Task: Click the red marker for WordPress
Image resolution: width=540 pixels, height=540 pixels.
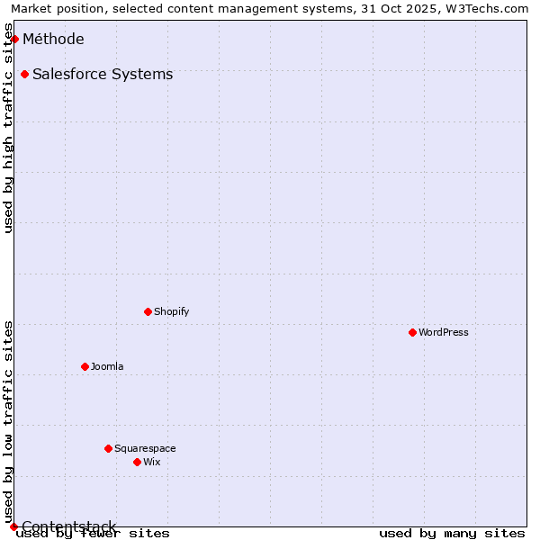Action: click(x=413, y=332)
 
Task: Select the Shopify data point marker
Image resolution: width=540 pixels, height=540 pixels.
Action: click(x=148, y=311)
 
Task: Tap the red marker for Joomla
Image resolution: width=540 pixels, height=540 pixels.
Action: click(x=85, y=366)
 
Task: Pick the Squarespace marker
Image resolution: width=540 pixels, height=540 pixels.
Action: click(x=109, y=448)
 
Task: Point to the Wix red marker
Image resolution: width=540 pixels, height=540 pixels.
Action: click(x=138, y=462)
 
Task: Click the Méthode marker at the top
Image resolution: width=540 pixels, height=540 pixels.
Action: click(x=14, y=39)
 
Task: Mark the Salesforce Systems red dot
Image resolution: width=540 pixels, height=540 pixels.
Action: click(x=24, y=74)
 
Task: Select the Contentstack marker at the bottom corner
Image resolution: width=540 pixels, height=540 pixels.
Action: click(x=13, y=526)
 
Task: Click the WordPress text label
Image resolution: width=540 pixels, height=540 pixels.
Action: click(x=444, y=332)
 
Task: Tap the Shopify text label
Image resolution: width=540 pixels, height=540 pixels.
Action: click(x=171, y=311)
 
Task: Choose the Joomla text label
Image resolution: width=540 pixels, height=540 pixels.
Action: click(x=107, y=366)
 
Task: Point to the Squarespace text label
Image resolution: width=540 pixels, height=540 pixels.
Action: click(x=145, y=448)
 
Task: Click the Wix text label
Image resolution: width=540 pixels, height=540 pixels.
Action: click(x=151, y=462)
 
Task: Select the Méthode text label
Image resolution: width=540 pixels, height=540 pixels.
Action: click(x=53, y=39)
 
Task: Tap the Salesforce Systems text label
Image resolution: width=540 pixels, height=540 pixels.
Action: click(x=103, y=74)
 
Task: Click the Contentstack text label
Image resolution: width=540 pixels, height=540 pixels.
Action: click(x=69, y=526)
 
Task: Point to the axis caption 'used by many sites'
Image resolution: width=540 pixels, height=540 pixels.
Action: click(x=452, y=534)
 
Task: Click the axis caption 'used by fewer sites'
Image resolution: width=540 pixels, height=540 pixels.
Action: click(x=94, y=534)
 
